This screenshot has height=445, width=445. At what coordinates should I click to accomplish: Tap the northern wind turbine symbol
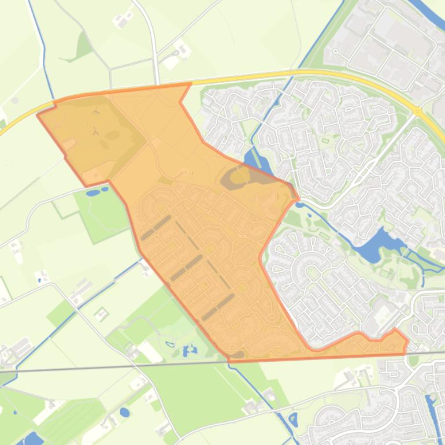[97, 109]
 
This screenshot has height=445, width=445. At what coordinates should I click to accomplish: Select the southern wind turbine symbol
[97, 132]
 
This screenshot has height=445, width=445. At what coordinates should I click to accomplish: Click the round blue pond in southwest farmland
[125, 413]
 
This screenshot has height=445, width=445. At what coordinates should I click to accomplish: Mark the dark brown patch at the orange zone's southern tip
[238, 354]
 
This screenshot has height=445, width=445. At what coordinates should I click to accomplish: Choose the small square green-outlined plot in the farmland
[102, 314]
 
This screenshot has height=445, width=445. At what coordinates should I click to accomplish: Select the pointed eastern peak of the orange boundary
[396, 331]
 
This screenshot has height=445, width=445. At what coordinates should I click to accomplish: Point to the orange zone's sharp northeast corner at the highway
[190, 84]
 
